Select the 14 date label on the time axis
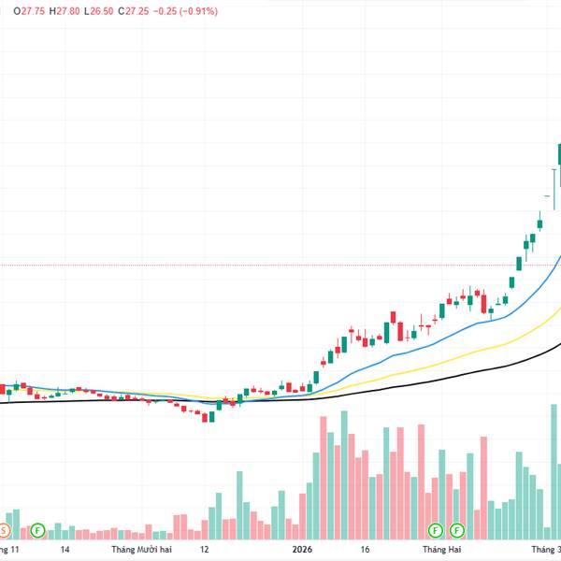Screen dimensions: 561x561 click(x=65, y=550)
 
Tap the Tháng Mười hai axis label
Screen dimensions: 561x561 click(x=141, y=550)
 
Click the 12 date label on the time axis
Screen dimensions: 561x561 click(x=204, y=550)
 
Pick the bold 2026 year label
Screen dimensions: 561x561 click(x=301, y=550)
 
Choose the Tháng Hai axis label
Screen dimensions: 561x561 click(x=430, y=550)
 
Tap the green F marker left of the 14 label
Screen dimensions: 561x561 click(x=37, y=530)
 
